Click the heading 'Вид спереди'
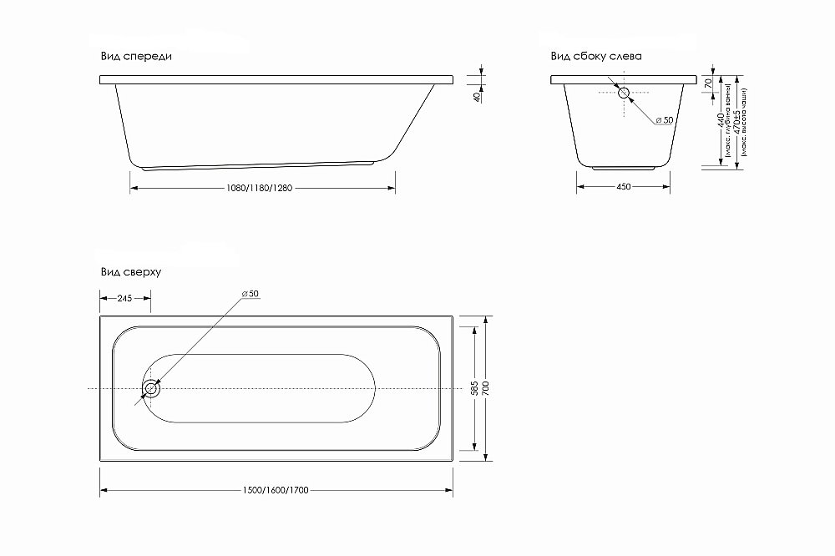(135, 56)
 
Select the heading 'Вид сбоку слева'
(595, 56)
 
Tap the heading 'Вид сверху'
(130, 272)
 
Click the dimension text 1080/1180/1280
(261, 188)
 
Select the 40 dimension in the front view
(477, 98)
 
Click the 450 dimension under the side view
(623, 188)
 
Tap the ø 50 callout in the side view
(664, 121)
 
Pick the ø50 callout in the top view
(250, 294)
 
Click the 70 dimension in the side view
(708, 83)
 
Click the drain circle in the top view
(151, 389)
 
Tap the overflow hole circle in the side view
(624, 93)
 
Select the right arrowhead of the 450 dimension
(668, 186)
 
